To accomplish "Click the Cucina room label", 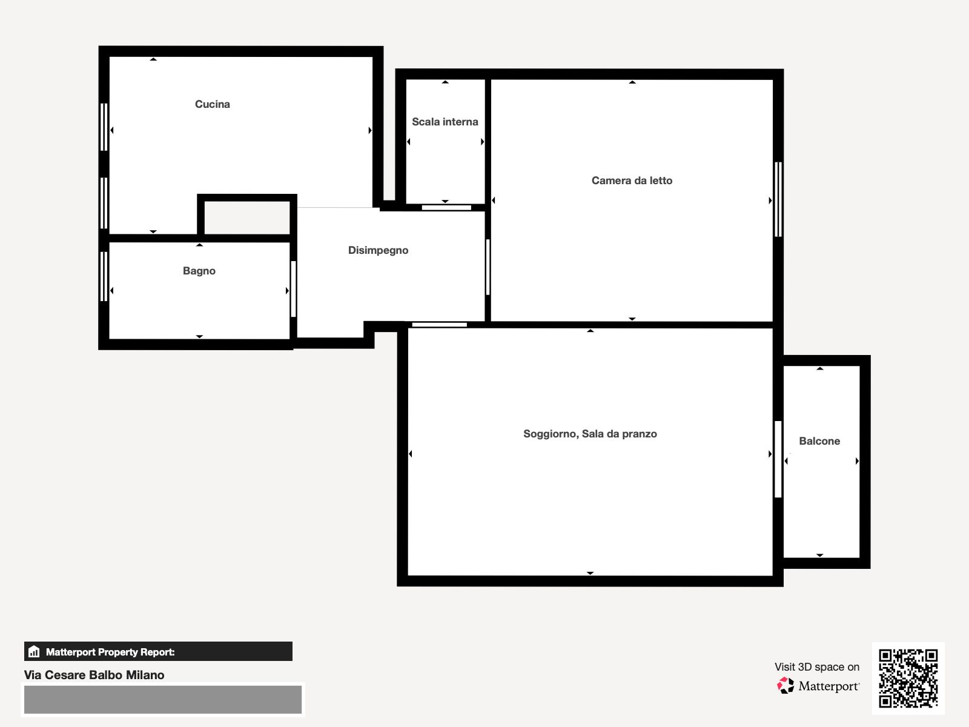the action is [x=213, y=104].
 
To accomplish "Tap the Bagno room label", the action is [x=199, y=271].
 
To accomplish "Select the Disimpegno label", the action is [x=379, y=250].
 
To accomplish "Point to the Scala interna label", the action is [x=445, y=122].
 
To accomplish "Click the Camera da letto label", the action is [x=632, y=181].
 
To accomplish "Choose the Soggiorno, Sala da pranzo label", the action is [x=590, y=434].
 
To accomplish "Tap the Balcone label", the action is [x=819, y=441].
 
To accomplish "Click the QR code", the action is [x=908, y=678].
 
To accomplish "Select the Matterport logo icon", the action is [x=785, y=686].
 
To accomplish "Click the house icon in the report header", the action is [x=34, y=651].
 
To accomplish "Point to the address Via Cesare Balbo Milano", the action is [x=94, y=675].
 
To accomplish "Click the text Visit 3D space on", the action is [x=817, y=667].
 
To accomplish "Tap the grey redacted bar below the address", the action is [x=163, y=700].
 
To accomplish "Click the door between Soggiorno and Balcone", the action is [x=778, y=459].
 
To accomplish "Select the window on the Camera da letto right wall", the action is [x=778, y=199].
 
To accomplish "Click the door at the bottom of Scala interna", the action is [x=446, y=207].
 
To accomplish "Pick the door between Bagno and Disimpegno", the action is [x=293, y=289].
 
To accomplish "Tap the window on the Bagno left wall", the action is [x=104, y=277].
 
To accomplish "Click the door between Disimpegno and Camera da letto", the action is [x=488, y=267].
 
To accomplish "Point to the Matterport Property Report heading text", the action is [x=110, y=652].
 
